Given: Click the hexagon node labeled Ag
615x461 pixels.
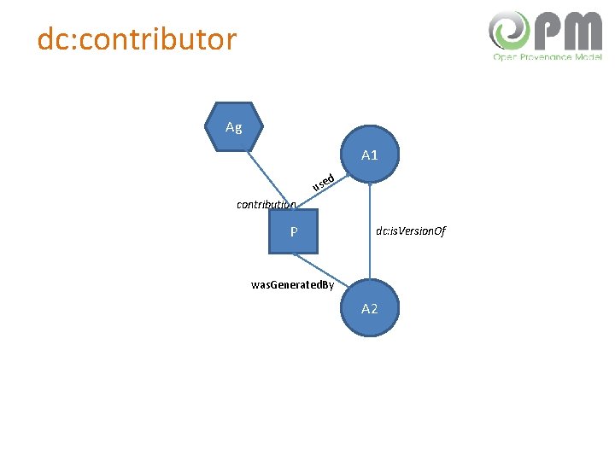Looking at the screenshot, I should click(x=234, y=128).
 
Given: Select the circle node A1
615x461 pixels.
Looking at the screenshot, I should click(x=370, y=155).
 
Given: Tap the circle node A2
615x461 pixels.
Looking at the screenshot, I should click(x=370, y=308).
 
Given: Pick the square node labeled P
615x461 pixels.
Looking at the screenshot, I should click(x=293, y=230).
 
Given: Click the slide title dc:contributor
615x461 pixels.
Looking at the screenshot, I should click(x=137, y=38).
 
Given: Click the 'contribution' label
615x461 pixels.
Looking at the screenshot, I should click(x=266, y=205).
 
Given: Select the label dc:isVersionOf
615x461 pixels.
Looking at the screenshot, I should click(x=410, y=231).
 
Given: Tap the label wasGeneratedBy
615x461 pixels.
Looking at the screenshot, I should click(x=292, y=284).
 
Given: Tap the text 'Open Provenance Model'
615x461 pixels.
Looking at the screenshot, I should click(x=547, y=57).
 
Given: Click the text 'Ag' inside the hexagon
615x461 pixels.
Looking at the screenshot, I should click(x=234, y=128).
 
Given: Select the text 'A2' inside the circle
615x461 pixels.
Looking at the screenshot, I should click(x=370, y=308).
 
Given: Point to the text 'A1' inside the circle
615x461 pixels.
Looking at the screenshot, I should click(x=370, y=155).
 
